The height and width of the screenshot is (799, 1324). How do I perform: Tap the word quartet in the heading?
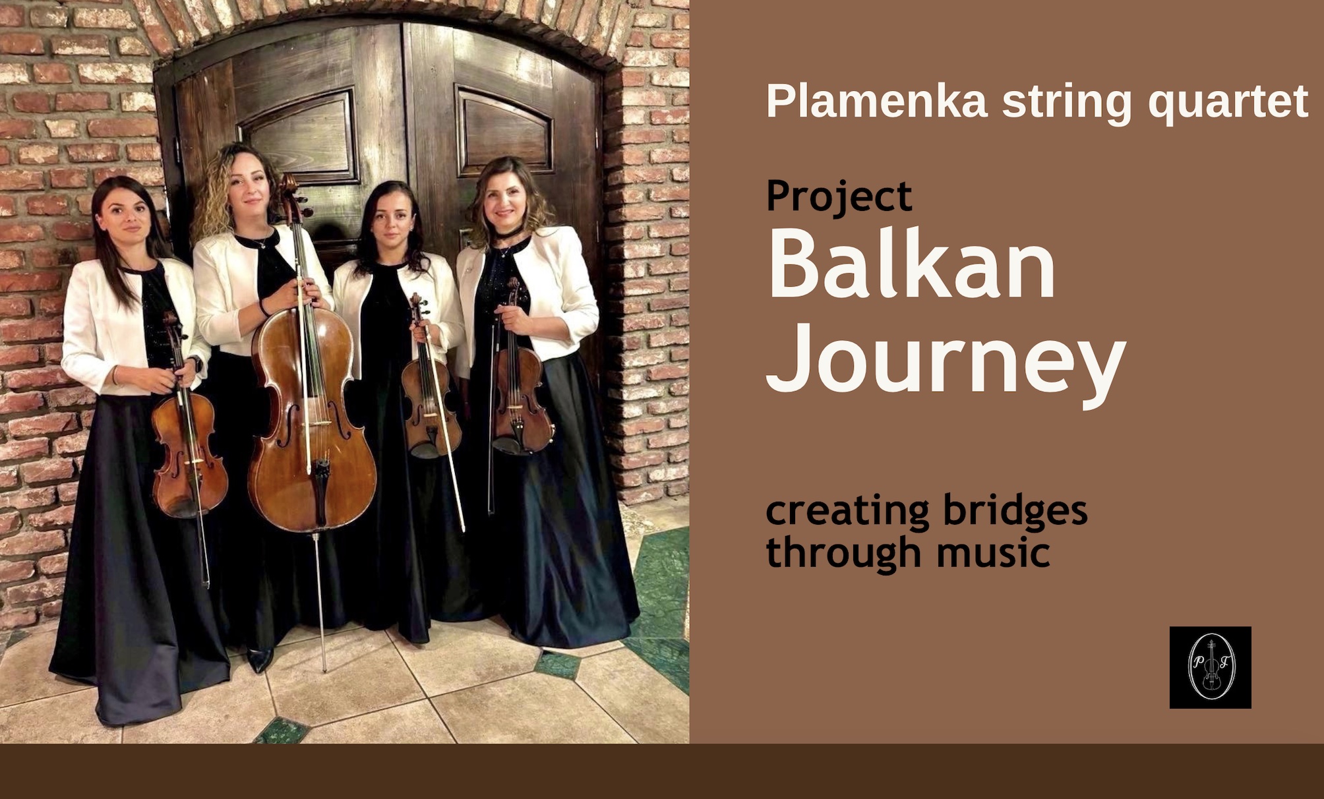[1228, 103]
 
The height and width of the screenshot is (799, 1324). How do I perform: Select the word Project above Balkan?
[839, 196]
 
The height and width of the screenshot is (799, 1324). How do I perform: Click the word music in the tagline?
[993, 552]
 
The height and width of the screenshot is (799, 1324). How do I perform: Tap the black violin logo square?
[1210, 667]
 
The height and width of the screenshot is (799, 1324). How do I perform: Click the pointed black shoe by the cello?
[260, 659]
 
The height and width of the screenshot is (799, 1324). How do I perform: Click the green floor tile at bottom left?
[282, 730]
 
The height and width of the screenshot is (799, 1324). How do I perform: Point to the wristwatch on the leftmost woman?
[195, 363]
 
